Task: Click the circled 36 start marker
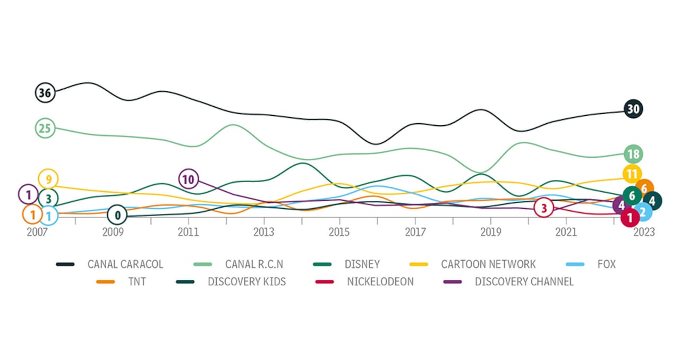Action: pyautogui.click(x=45, y=93)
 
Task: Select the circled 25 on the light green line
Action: pyautogui.click(x=45, y=128)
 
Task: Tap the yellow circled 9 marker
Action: pyautogui.click(x=48, y=179)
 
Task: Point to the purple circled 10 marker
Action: pyautogui.click(x=188, y=179)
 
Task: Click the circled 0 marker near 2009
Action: pyautogui.click(x=117, y=215)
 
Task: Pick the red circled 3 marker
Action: pyautogui.click(x=543, y=208)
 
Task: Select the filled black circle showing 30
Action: pyautogui.click(x=633, y=109)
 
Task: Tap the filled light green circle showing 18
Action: pyautogui.click(x=633, y=155)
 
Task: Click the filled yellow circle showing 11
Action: pyautogui.click(x=632, y=174)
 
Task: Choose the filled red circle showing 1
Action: pyautogui.click(x=630, y=217)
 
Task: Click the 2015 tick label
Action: pyautogui.click(x=339, y=232)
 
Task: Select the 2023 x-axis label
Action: pyautogui.click(x=644, y=232)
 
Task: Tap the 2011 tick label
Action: pyautogui.click(x=188, y=232)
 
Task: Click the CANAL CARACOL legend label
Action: pyautogui.click(x=125, y=264)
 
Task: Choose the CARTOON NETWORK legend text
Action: pyautogui.click(x=488, y=264)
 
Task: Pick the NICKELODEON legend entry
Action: pyautogui.click(x=380, y=281)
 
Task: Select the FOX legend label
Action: pyautogui.click(x=606, y=264)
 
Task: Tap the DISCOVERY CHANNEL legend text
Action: pyautogui.click(x=524, y=281)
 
